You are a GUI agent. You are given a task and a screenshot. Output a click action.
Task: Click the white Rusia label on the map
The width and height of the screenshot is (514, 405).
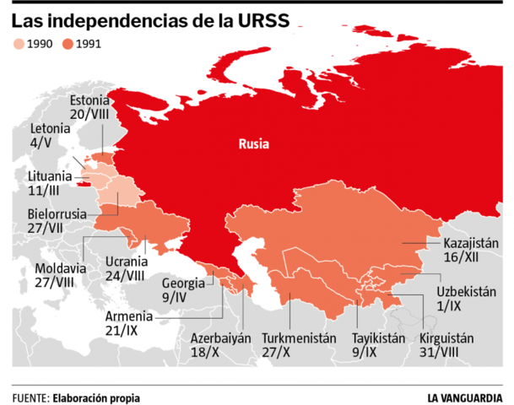pos(253,143)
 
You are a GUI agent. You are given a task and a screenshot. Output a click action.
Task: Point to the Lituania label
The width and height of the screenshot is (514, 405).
pos(50,176)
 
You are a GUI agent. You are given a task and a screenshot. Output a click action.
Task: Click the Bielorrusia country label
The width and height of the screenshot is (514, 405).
pos(57,213)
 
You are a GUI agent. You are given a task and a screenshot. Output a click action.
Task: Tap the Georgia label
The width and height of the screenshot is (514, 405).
pos(183,283)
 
